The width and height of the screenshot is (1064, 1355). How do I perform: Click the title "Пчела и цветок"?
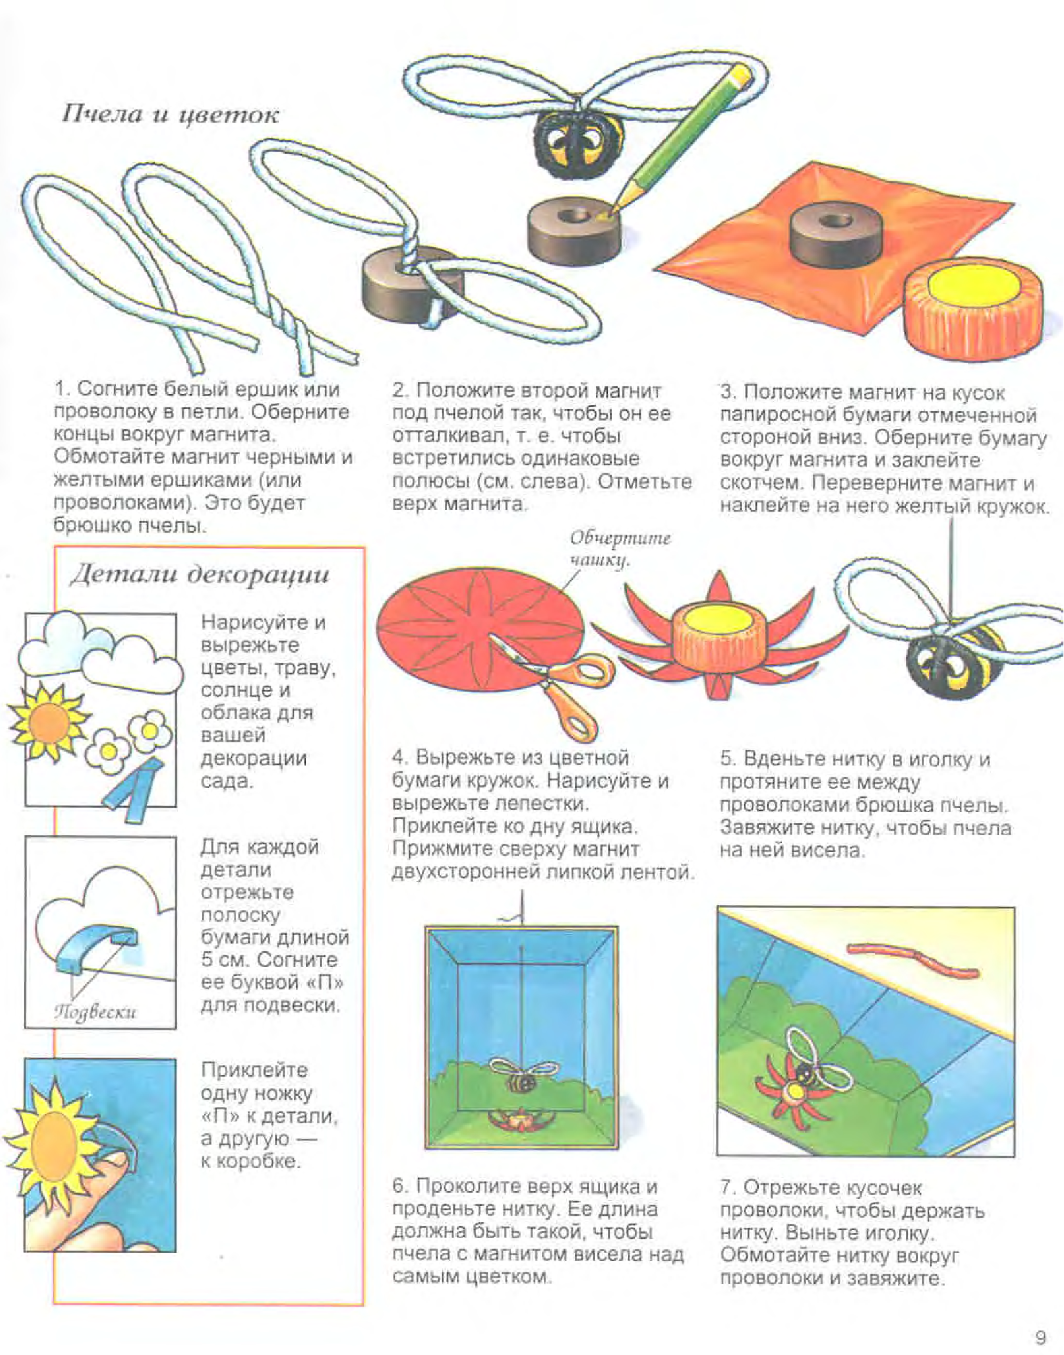(170, 115)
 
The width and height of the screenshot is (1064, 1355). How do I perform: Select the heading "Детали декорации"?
(199, 574)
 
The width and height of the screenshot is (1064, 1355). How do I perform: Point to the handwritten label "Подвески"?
(94, 1011)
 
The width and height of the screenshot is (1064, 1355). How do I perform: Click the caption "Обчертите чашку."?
(619, 549)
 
